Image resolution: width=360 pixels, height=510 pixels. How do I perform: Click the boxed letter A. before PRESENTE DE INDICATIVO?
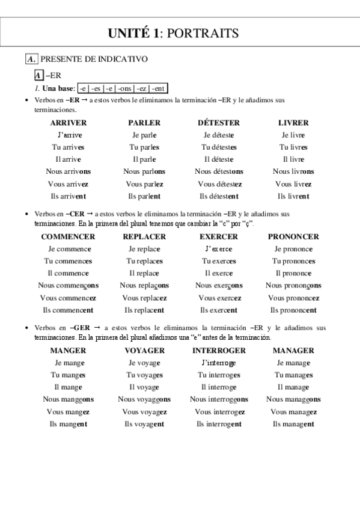point(32,59)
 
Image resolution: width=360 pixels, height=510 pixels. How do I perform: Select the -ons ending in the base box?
point(124,89)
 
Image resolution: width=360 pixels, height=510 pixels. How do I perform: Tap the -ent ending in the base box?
point(158,89)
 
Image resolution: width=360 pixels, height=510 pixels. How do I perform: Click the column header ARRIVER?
point(69,123)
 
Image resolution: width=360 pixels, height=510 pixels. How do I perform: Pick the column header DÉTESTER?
point(219,123)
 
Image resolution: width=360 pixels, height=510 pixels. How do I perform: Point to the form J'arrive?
point(70,135)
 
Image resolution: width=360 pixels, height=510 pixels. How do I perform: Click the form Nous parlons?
point(144,171)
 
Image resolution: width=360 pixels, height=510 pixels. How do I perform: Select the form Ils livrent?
point(293,196)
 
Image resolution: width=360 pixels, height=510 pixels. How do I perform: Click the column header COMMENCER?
point(68,237)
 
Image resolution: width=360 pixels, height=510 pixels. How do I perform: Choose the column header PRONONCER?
point(293,237)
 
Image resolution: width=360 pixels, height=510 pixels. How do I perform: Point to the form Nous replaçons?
point(144,286)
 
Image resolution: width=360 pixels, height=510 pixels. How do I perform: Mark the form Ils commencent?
point(68,310)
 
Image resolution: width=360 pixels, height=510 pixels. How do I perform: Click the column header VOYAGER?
point(144,351)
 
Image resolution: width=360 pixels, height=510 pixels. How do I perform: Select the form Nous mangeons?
point(68,399)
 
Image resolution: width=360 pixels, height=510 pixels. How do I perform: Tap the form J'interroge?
point(219,363)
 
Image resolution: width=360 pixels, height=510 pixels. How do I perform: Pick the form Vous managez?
point(293,411)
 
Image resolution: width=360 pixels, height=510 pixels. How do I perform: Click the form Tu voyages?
point(144,375)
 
